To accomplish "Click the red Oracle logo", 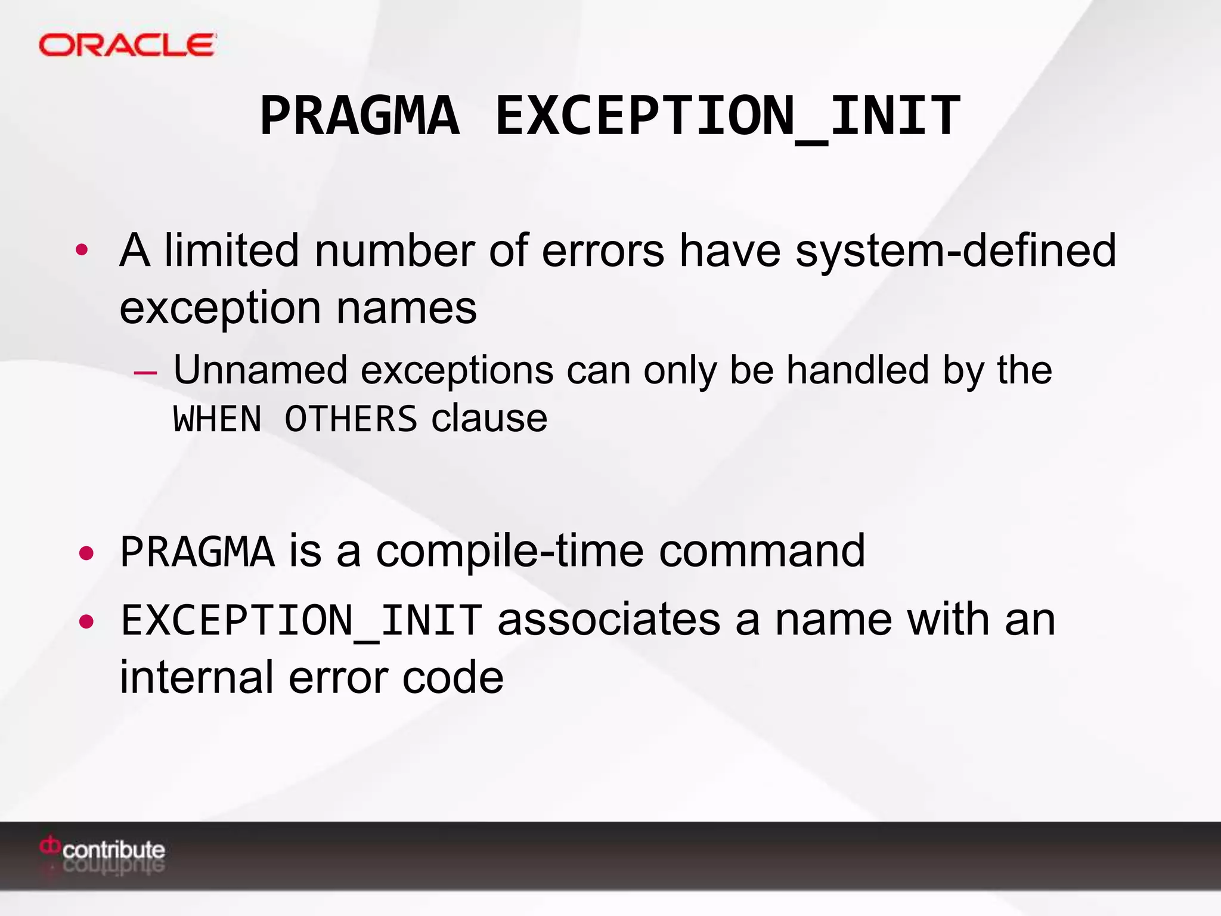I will coord(127,45).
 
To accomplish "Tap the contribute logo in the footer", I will coord(103,849).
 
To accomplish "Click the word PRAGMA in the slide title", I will coord(360,116).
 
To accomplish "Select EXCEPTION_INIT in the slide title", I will coord(727,116).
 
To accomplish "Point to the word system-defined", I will coord(956,250).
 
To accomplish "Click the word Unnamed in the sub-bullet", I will coord(260,370).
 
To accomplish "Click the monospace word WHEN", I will coord(218,419).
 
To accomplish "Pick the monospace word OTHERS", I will coord(351,419).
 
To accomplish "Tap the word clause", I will coord(489,419).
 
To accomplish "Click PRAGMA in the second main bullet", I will coord(197,552).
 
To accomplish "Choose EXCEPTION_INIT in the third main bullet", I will coord(301,621).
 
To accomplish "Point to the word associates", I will coord(609,620).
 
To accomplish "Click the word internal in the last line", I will coord(197,678).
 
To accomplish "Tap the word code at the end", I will coord(453,678).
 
